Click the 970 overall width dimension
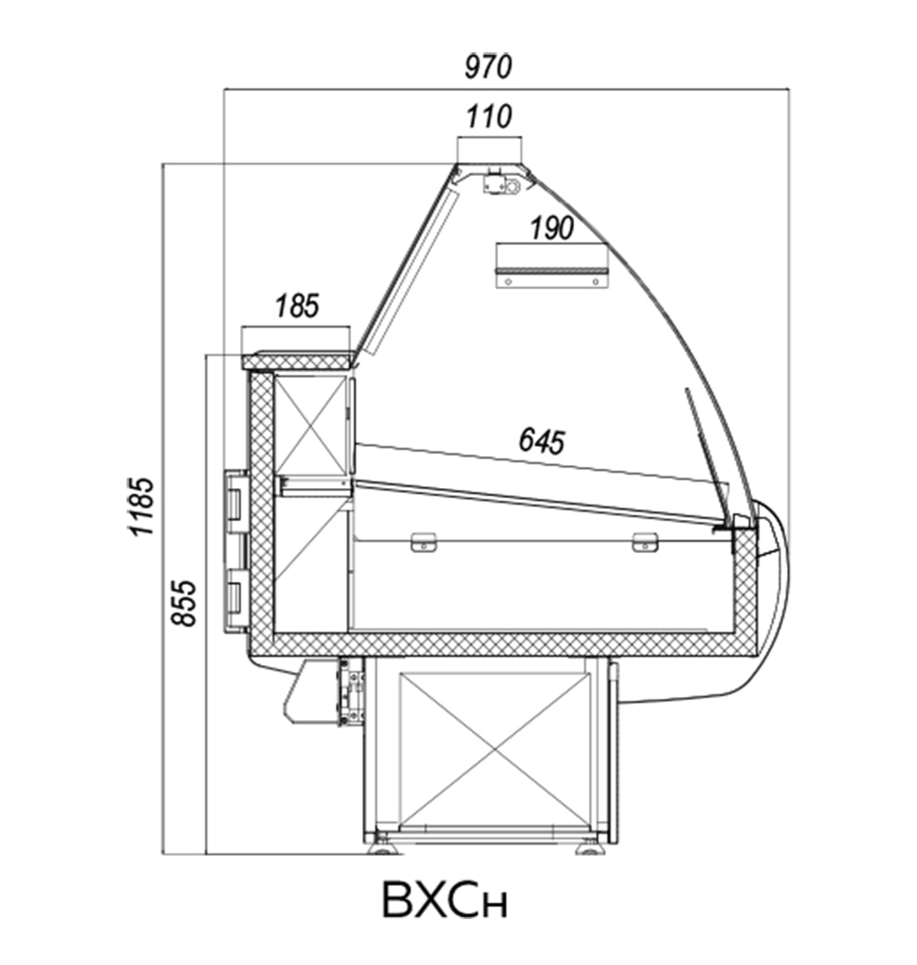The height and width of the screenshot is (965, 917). click(488, 66)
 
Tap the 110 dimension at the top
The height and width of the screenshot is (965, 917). click(489, 116)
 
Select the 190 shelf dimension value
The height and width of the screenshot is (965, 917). click(552, 228)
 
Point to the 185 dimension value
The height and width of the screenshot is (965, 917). click(297, 305)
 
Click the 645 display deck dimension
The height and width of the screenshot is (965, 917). click(542, 441)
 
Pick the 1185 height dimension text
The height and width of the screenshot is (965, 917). click(141, 505)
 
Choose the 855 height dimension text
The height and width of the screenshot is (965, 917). click(183, 604)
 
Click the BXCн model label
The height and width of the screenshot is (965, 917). click(445, 901)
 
